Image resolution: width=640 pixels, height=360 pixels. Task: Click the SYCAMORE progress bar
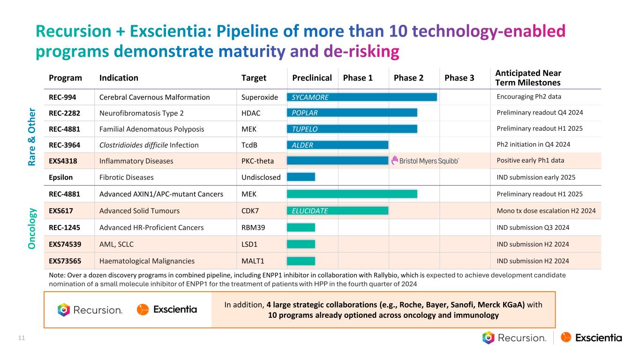361,97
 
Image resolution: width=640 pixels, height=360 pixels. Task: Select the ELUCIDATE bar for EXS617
337,210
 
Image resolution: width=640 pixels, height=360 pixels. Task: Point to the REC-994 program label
62,97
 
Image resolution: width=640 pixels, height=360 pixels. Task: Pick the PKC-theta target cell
257,161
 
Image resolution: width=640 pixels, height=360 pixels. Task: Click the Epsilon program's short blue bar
301,177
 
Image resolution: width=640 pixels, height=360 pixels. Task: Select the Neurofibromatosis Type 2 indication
141,112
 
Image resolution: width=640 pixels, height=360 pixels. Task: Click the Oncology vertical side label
31,227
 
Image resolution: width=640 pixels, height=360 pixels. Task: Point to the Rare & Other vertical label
31,136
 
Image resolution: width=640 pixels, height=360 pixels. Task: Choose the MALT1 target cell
252,261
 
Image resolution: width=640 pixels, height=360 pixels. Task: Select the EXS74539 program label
66,244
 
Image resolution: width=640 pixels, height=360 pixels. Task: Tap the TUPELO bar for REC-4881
352,129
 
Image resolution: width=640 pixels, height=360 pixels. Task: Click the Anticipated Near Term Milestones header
528,78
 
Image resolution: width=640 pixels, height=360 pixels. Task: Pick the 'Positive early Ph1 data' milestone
530,160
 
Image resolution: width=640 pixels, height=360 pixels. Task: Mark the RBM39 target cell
253,227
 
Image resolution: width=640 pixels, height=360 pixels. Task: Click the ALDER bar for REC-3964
337,145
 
